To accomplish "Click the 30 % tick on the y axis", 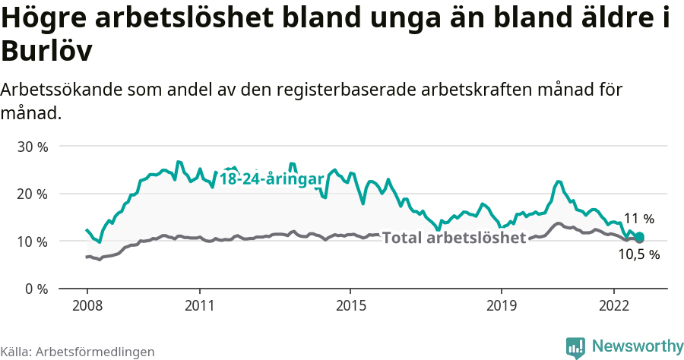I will click(32, 147).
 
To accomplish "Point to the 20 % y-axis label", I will click(32, 194).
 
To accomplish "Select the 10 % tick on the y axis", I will click(32, 242).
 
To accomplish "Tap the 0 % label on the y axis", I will click(36, 289).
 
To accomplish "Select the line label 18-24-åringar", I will click(272, 179).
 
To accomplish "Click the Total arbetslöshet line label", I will click(454, 238).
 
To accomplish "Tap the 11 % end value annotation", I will click(639, 219).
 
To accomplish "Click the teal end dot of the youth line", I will click(639, 237).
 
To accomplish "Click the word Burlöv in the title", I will click(47, 51).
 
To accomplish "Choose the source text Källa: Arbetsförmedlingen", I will click(78, 352).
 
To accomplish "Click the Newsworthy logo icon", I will click(575, 347).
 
